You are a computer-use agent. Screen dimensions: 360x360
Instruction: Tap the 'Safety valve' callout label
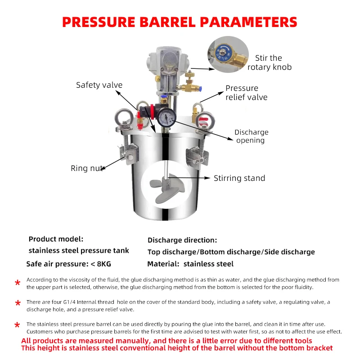[99, 85]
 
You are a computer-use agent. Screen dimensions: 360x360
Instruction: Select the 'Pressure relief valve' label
[246, 93]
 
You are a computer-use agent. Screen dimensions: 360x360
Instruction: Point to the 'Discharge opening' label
[251, 136]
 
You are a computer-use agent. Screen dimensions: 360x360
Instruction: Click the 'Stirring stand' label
[239, 178]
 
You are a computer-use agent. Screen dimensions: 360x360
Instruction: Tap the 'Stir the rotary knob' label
[269, 63]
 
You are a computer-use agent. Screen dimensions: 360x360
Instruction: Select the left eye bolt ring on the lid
[124, 117]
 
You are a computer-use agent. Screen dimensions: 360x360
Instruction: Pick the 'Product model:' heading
[56, 239]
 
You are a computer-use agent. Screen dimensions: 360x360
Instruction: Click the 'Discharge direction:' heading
[182, 240]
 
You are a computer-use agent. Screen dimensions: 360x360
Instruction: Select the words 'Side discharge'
[289, 252]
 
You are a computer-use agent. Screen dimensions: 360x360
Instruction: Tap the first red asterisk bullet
[18, 283]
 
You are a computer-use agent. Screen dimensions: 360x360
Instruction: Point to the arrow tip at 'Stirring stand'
[210, 178]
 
